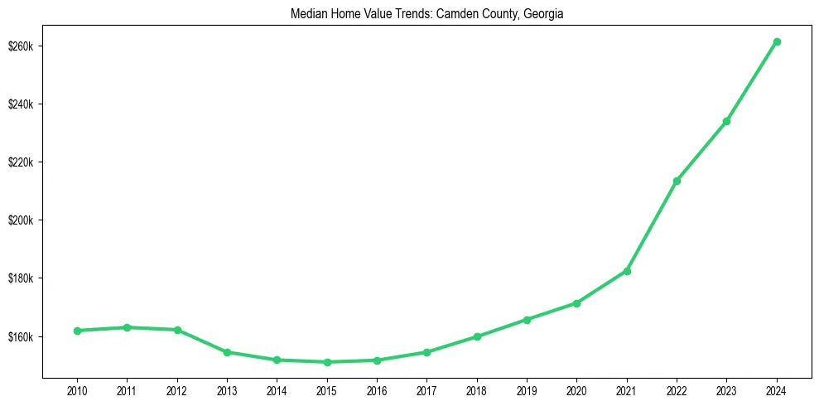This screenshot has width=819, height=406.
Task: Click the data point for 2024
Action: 777,41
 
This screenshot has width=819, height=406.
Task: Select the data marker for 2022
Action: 677,181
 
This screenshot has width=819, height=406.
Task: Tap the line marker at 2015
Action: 327,362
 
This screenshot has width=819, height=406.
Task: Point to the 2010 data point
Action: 77,331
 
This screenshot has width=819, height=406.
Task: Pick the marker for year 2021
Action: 627,271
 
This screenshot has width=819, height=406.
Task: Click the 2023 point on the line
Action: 726,121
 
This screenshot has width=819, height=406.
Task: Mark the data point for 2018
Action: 477,336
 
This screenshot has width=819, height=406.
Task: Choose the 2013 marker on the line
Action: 227,352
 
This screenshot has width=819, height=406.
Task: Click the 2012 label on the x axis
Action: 177,389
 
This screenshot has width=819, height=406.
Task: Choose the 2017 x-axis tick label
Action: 426,389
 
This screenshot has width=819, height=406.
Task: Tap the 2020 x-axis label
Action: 576,389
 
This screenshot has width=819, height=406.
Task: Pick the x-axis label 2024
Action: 777,389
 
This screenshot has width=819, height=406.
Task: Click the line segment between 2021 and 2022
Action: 652,226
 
